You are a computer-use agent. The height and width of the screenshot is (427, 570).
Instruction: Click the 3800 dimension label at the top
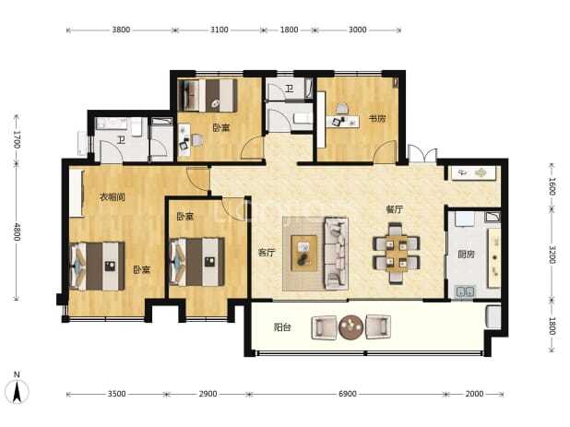(x=121, y=30)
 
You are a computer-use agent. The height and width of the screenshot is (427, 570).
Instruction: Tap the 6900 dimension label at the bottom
(x=347, y=394)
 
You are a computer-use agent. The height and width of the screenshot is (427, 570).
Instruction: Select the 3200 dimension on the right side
(x=552, y=255)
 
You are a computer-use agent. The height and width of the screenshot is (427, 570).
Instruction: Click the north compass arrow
(x=18, y=392)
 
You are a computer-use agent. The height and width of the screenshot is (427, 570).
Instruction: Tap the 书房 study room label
(x=377, y=118)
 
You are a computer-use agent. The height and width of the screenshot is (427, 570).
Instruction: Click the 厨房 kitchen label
(x=466, y=255)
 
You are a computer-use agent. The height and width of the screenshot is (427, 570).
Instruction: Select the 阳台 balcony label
(x=282, y=327)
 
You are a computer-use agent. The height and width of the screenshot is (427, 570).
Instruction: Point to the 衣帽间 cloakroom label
(x=113, y=197)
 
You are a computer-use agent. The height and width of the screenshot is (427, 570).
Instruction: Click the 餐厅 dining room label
(x=395, y=209)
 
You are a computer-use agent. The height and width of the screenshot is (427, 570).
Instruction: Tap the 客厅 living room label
(x=267, y=253)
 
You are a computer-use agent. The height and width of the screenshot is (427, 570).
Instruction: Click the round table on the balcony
(x=350, y=327)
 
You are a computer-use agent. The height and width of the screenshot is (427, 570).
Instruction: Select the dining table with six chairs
(x=397, y=254)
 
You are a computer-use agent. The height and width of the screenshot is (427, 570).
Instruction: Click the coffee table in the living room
(x=304, y=253)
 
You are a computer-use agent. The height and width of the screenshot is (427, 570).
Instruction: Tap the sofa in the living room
(x=337, y=254)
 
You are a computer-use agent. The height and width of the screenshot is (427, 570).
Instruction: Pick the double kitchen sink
(x=465, y=291)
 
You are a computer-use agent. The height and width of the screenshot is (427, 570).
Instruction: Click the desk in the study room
(x=342, y=122)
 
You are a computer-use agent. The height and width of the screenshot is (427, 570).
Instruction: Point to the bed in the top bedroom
(x=208, y=95)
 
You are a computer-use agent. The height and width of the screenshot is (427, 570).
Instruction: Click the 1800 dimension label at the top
(x=289, y=30)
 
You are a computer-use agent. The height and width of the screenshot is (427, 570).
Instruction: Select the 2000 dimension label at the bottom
(x=474, y=394)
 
